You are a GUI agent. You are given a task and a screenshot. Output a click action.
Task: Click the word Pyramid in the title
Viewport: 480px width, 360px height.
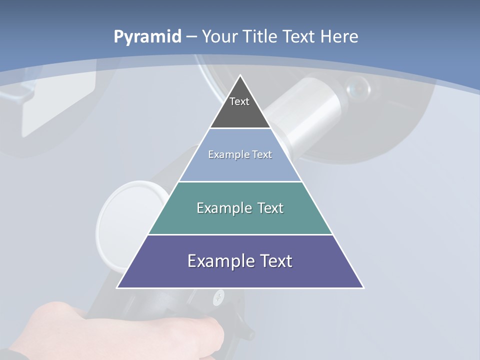147,37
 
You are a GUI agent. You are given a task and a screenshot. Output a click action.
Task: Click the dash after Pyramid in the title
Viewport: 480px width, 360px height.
191,37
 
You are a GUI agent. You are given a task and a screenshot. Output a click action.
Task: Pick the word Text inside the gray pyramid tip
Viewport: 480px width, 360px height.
239,101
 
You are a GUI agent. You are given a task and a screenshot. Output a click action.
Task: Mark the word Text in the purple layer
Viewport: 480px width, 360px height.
275,261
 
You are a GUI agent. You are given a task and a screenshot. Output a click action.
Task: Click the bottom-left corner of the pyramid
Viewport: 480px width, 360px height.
117,287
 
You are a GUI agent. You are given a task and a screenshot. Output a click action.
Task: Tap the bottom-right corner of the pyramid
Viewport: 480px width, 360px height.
363,287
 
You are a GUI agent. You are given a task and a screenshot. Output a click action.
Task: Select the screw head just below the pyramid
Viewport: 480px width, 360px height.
218,298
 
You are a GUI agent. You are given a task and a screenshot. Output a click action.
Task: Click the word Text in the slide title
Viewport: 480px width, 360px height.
298,37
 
